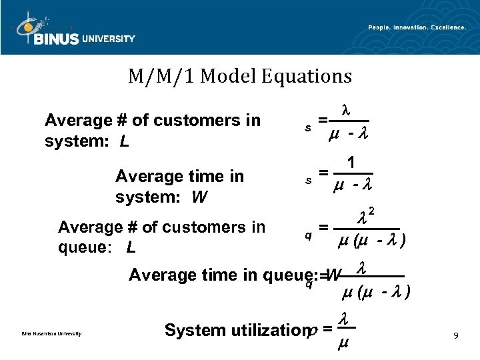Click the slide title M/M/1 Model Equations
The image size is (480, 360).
(x=240, y=77)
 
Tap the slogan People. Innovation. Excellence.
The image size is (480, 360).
(x=417, y=27)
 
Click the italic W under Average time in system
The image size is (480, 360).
(x=199, y=197)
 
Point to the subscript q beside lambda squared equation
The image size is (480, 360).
(x=308, y=235)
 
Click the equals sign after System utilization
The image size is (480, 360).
(x=327, y=329)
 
